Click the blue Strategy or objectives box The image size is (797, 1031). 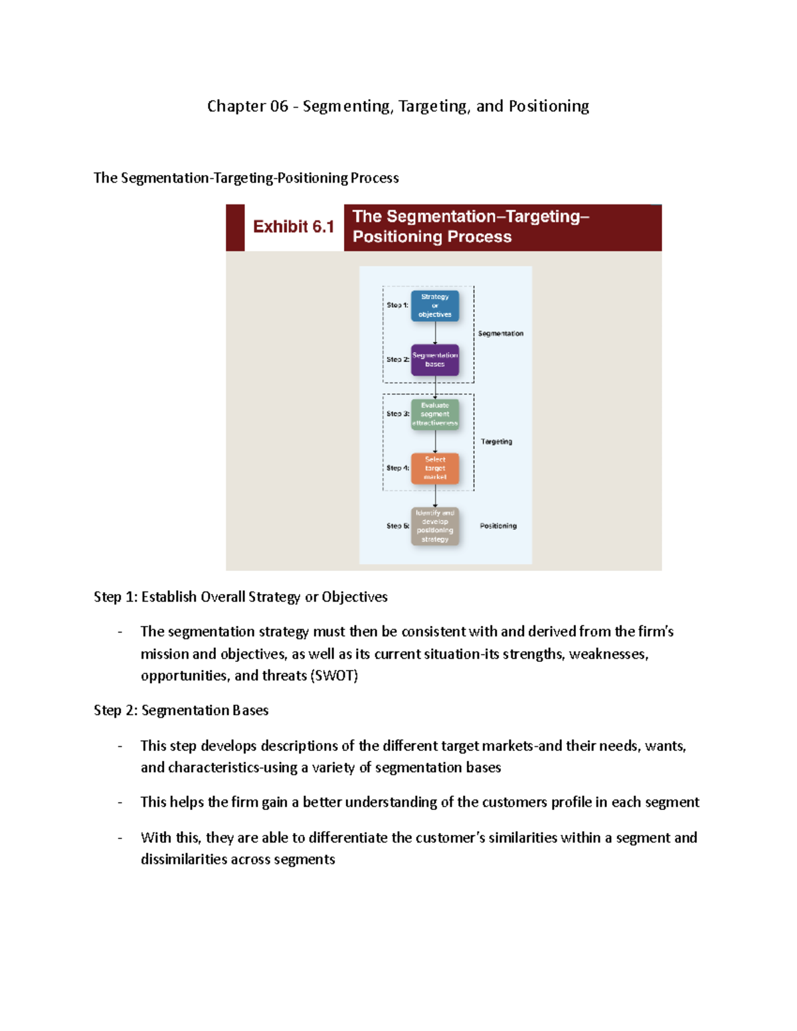pyautogui.click(x=435, y=305)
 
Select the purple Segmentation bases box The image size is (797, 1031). pyautogui.click(x=435, y=360)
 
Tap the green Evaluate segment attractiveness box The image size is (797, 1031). pyautogui.click(x=435, y=414)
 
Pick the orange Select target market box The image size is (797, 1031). pyautogui.click(x=435, y=468)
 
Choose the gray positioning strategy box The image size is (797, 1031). pyautogui.click(x=435, y=526)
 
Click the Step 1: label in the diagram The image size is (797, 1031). pyautogui.click(x=397, y=305)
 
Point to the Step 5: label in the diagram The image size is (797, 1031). pyautogui.click(x=397, y=526)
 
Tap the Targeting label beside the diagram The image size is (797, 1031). pyautogui.click(x=496, y=441)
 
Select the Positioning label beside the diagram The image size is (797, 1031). pyautogui.click(x=498, y=526)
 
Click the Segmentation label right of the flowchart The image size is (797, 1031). pyautogui.click(x=501, y=333)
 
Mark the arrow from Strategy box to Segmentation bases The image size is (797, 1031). pyautogui.click(x=435, y=333)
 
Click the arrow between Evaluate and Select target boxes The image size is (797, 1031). pyautogui.click(x=435, y=441)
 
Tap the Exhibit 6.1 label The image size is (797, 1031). pyautogui.click(x=293, y=227)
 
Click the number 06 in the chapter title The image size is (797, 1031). pyautogui.click(x=279, y=106)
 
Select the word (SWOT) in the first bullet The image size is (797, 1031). pyautogui.click(x=333, y=676)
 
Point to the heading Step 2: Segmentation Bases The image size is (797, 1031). pyautogui.click(x=181, y=710)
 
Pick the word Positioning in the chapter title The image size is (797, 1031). pyautogui.click(x=549, y=106)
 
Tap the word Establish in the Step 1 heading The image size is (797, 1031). pyautogui.click(x=169, y=597)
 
